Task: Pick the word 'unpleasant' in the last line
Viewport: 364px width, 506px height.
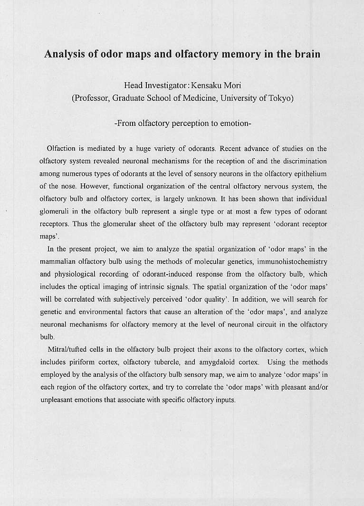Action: pos(57,400)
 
